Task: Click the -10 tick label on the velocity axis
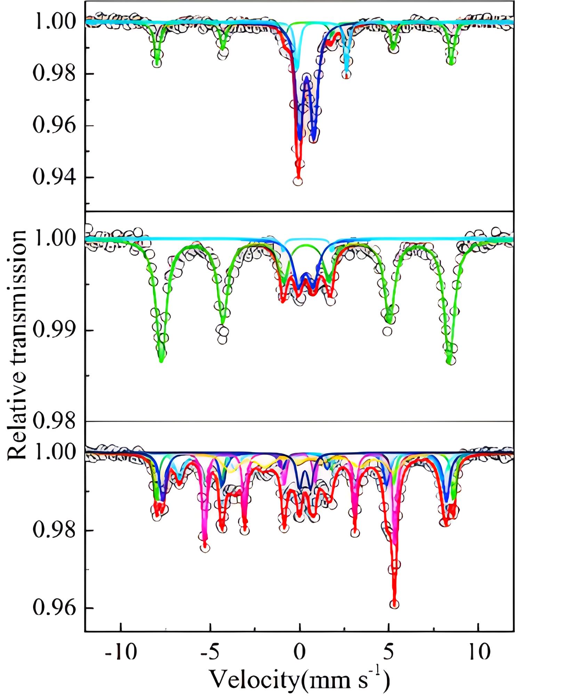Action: click(x=121, y=652)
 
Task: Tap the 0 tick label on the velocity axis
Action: click(x=299, y=652)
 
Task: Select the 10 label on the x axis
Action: click(x=479, y=652)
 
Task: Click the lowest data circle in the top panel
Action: click(x=298, y=181)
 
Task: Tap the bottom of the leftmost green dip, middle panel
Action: click(x=161, y=361)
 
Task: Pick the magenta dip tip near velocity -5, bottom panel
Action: click(x=205, y=546)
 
